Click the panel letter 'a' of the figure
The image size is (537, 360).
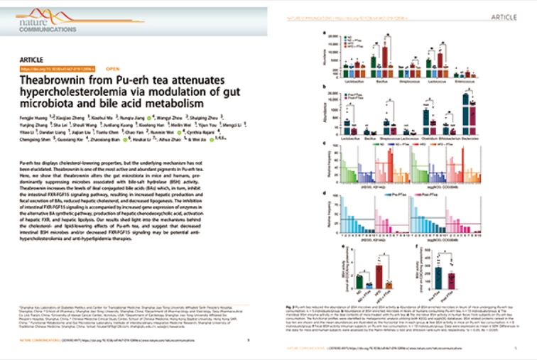tap(325, 33)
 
